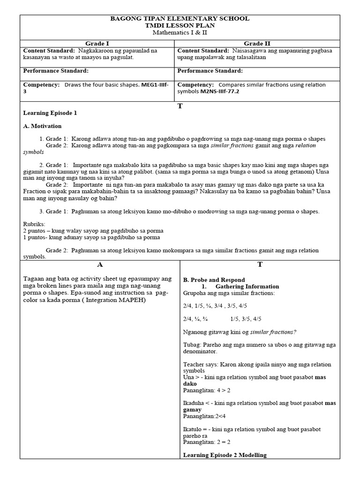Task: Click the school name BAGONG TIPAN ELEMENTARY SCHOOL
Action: [x=180, y=18]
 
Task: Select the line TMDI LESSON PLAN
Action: [x=180, y=25]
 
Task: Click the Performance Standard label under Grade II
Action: [x=210, y=71]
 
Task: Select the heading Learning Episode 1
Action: [x=50, y=113]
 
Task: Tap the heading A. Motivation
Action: [x=42, y=126]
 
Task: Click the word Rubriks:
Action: [x=34, y=225]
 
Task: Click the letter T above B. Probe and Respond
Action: [x=260, y=265]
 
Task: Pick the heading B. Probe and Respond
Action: [x=214, y=280]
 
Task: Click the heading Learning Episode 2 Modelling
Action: [x=225, y=455]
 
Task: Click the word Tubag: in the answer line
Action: [x=192, y=345]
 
